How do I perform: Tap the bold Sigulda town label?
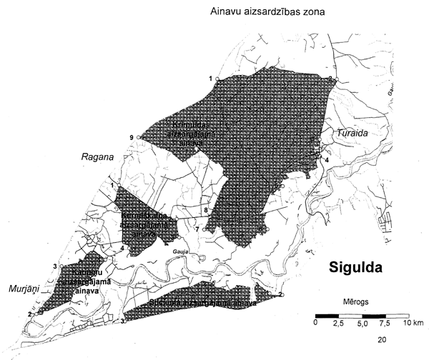(x=355, y=269)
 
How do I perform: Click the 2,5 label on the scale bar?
(x=340, y=324)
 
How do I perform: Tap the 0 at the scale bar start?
(x=316, y=324)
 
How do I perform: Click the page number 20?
(x=382, y=339)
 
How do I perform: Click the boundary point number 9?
(x=132, y=137)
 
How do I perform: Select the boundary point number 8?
(x=205, y=210)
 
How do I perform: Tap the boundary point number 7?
(x=197, y=229)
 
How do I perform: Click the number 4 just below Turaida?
(x=326, y=161)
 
